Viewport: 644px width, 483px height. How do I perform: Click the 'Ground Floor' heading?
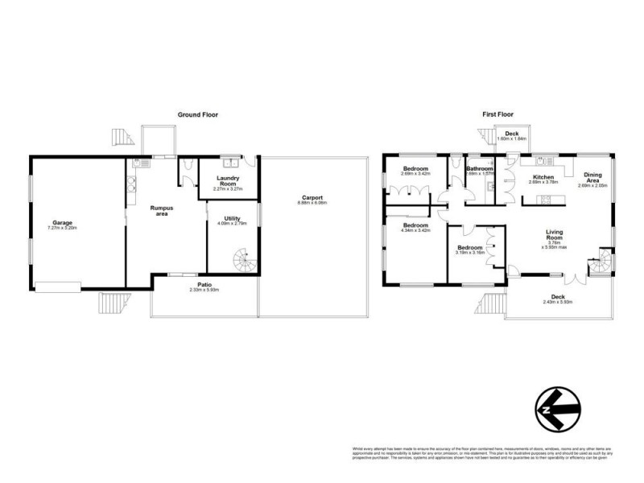pyautogui.click(x=197, y=115)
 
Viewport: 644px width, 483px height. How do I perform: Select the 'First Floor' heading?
pyautogui.click(x=497, y=115)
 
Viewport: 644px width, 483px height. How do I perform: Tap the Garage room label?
pyautogui.click(x=63, y=223)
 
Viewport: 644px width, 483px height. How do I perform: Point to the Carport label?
pyautogui.click(x=313, y=197)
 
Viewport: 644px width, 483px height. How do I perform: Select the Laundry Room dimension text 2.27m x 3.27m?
pyautogui.click(x=228, y=188)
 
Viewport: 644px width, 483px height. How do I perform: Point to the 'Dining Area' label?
pyautogui.click(x=592, y=176)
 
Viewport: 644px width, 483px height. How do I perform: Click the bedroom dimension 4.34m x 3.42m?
pyautogui.click(x=416, y=231)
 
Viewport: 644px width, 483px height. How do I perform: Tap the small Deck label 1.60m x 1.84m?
pyautogui.click(x=509, y=139)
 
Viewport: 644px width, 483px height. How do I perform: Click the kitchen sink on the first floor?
pyautogui.click(x=539, y=159)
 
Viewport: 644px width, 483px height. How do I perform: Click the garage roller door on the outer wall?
pyautogui.click(x=58, y=284)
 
